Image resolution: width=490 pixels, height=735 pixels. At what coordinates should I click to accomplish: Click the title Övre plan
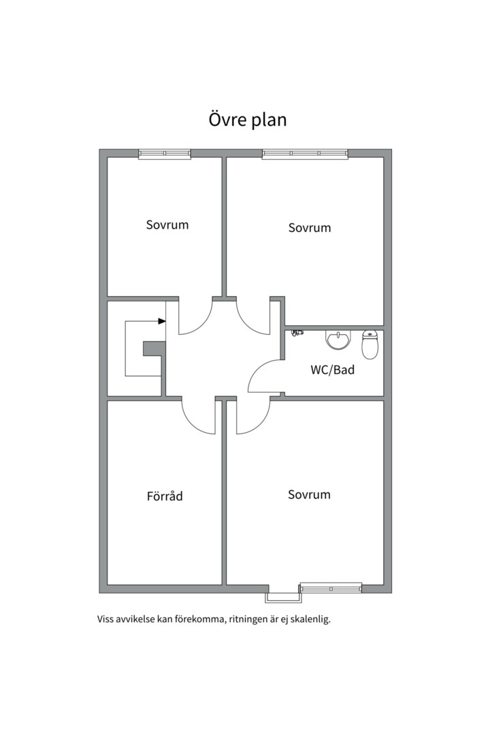point(248,120)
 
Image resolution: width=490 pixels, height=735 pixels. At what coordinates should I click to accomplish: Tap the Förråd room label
point(165,495)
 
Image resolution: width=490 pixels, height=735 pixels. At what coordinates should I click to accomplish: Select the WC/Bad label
point(332,370)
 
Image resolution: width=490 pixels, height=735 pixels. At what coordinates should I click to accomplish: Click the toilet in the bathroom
point(370,344)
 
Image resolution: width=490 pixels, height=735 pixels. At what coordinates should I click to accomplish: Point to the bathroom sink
point(338,340)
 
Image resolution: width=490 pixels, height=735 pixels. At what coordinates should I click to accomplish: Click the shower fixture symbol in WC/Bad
point(297,332)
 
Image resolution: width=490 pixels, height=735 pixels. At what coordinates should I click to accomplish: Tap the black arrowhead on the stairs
point(162,321)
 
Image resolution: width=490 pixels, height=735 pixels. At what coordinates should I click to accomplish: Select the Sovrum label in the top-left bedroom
point(167,225)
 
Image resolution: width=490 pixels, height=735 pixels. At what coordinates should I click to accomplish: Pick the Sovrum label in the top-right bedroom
point(310,228)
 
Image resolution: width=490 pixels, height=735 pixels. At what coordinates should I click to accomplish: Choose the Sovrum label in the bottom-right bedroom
point(309,495)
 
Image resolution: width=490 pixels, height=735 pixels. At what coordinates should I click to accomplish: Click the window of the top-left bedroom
point(165,154)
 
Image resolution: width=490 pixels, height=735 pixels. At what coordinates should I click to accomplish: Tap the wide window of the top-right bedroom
point(305,154)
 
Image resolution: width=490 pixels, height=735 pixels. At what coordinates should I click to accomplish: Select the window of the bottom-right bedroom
point(331,588)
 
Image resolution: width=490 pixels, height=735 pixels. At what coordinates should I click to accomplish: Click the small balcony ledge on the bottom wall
point(283,598)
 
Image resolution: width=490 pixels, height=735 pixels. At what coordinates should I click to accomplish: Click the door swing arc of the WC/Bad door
point(257,370)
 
